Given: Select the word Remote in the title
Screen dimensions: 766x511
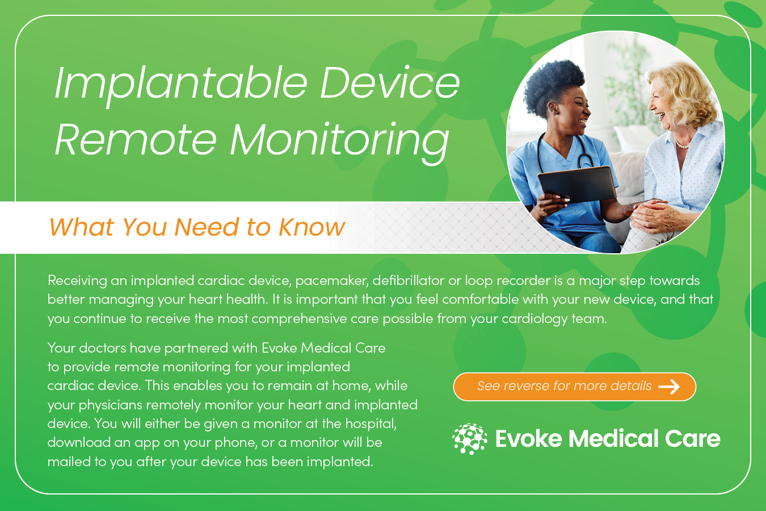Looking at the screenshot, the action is click(136, 140).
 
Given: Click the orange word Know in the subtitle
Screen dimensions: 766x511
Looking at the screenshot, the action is click(312, 227).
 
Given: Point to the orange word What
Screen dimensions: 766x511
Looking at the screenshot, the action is click(81, 227).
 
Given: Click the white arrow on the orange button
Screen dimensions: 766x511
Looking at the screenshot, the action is click(669, 387).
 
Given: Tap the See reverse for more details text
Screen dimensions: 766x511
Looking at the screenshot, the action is click(564, 386).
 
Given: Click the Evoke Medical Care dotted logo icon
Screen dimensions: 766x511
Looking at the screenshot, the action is click(469, 439).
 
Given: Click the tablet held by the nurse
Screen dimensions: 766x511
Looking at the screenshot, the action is click(577, 184).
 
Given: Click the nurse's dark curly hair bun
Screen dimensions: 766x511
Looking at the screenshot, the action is click(552, 84).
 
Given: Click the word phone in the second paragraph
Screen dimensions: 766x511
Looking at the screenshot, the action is click(235, 443).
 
